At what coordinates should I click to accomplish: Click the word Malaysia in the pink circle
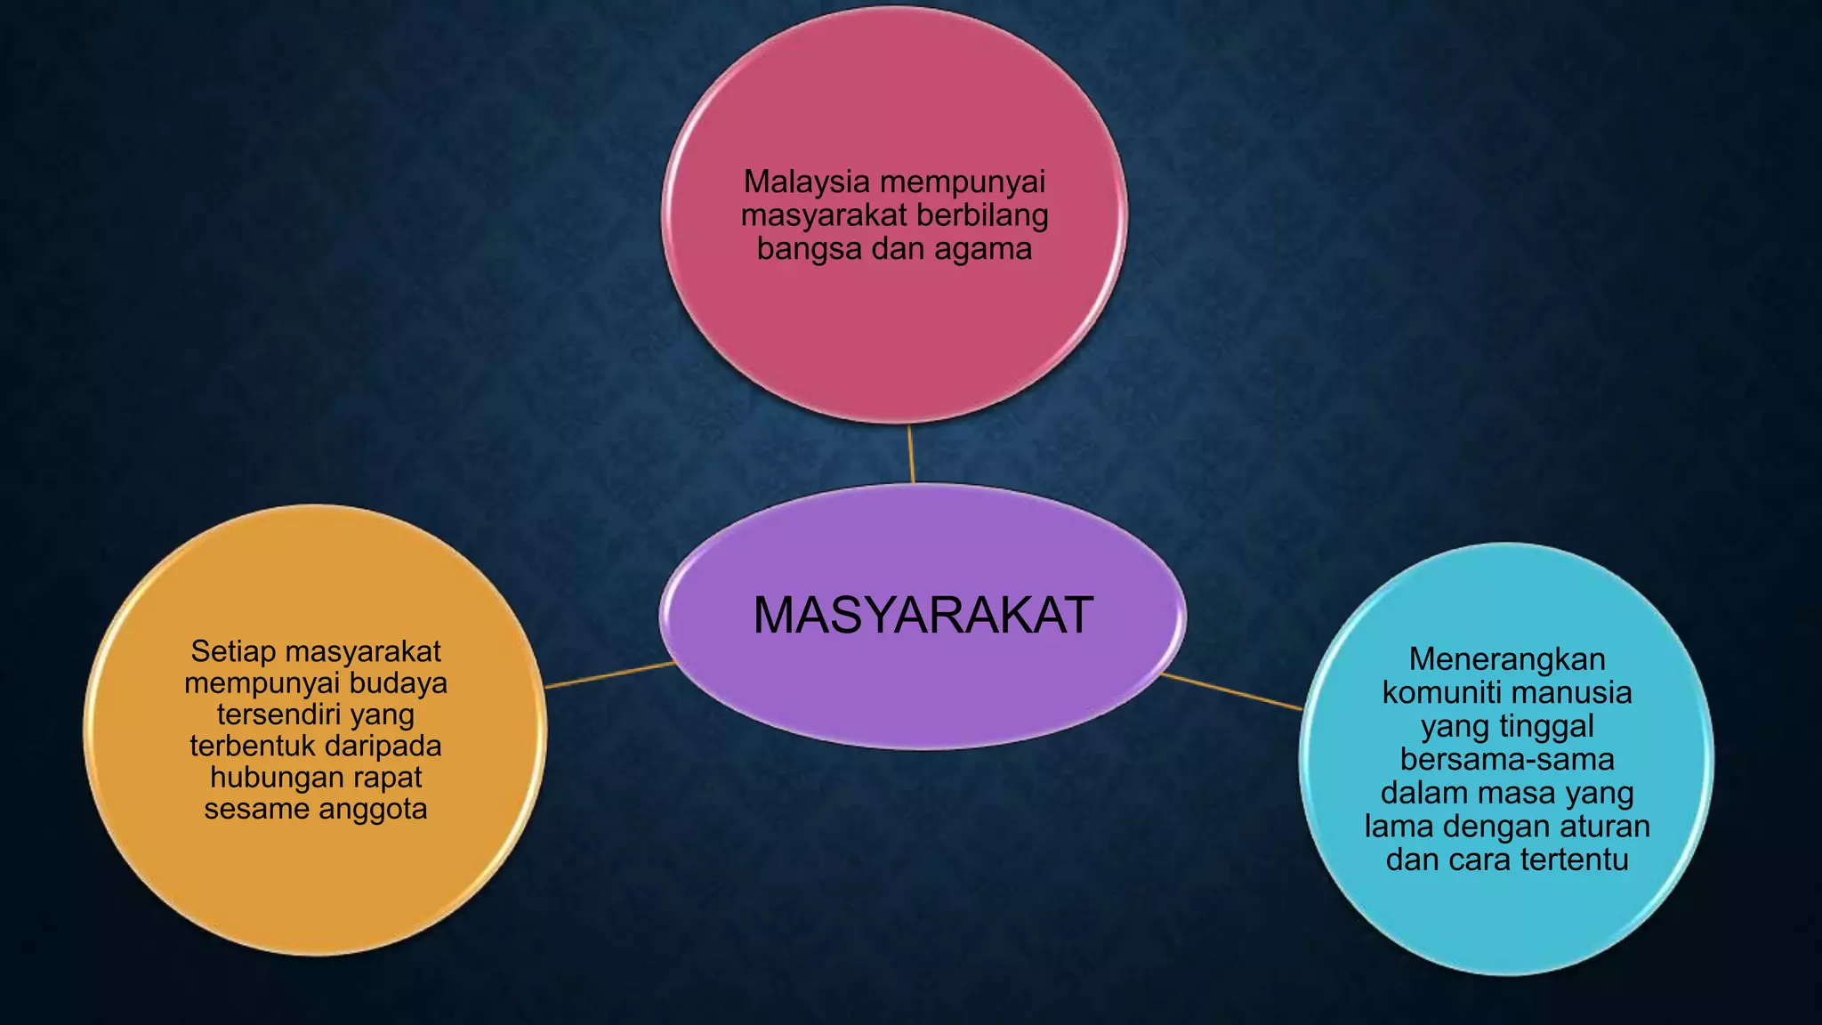click(806, 182)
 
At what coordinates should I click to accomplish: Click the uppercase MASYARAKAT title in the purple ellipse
click(923, 615)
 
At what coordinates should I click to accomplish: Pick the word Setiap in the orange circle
click(233, 652)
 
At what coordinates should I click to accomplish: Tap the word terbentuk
click(252, 746)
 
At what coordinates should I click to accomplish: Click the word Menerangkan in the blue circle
click(1507, 659)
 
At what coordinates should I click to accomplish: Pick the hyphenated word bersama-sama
click(1507, 760)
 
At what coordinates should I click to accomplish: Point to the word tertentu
click(1574, 860)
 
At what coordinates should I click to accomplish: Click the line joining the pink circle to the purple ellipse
click(911, 454)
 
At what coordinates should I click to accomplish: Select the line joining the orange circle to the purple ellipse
click(610, 674)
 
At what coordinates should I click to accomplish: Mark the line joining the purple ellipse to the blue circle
click(1232, 691)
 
